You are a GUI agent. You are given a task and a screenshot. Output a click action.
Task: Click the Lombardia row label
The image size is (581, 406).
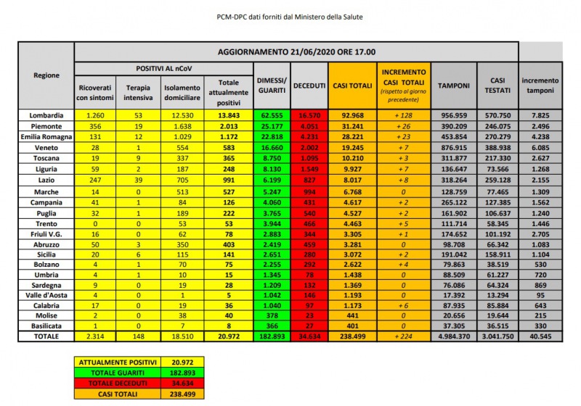coord(46,115)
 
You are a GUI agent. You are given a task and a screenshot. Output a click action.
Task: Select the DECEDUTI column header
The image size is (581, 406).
coord(309,86)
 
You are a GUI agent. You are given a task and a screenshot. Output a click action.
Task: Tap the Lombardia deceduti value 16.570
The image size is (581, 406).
coord(309,115)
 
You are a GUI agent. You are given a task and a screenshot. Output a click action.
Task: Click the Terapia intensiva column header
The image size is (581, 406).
coord(139,91)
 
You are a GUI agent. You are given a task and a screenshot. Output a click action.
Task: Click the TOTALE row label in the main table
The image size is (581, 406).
coord(46,336)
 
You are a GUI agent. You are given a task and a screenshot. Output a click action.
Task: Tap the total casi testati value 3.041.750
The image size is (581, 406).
coord(497,336)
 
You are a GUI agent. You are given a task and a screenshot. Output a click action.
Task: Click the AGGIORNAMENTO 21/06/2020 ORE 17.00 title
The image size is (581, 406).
coord(296,52)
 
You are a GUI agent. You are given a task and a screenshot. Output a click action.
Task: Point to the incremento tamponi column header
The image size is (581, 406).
coord(540,85)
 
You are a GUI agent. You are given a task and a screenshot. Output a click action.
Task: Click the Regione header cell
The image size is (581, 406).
coord(46,75)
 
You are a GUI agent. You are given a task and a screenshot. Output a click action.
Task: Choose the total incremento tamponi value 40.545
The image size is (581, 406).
coord(540,336)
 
